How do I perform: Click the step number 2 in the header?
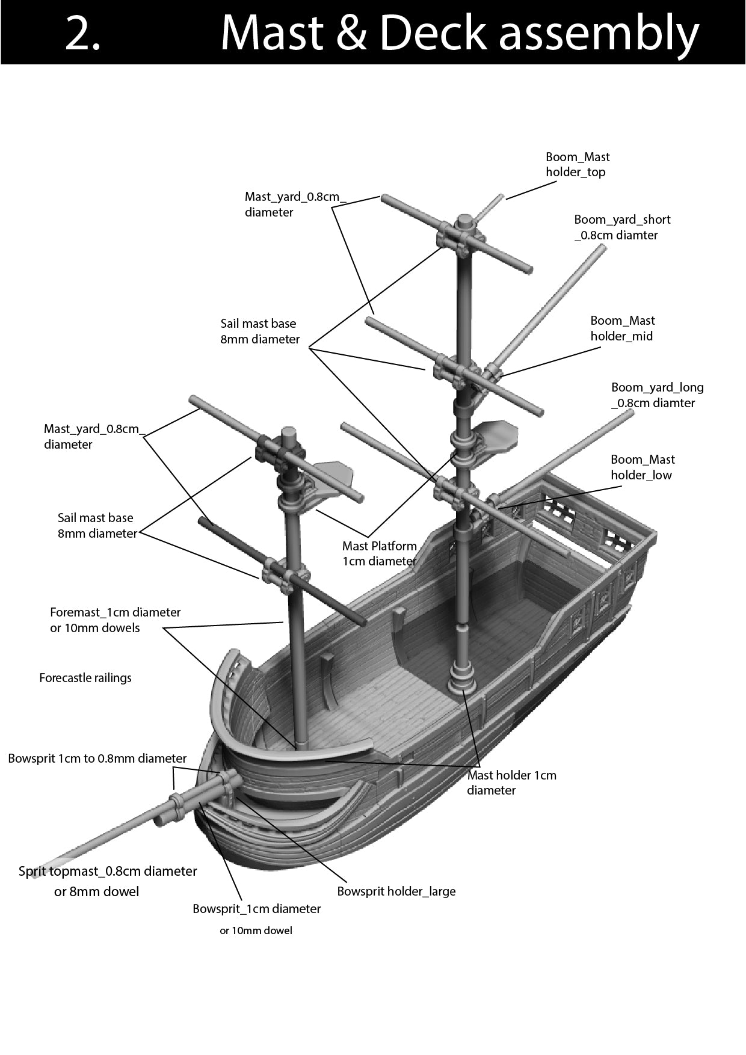[x=82, y=33]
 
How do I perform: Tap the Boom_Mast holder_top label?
[x=577, y=164]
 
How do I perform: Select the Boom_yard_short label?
[x=621, y=227]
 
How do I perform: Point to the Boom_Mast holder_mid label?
[x=622, y=328]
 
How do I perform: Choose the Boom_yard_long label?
[x=657, y=395]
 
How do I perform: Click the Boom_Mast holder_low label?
[x=642, y=467]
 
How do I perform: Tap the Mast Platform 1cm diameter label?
[x=379, y=553]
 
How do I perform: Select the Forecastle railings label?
[x=85, y=678]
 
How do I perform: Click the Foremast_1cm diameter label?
[x=115, y=620]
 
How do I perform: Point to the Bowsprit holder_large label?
[x=396, y=891]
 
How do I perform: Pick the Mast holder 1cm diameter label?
[x=511, y=783]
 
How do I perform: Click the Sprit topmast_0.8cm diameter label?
[x=108, y=872]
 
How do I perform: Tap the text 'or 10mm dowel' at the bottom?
[x=256, y=930]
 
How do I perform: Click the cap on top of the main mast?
[x=464, y=222]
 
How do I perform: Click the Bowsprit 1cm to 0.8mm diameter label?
[x=97, y=758]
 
